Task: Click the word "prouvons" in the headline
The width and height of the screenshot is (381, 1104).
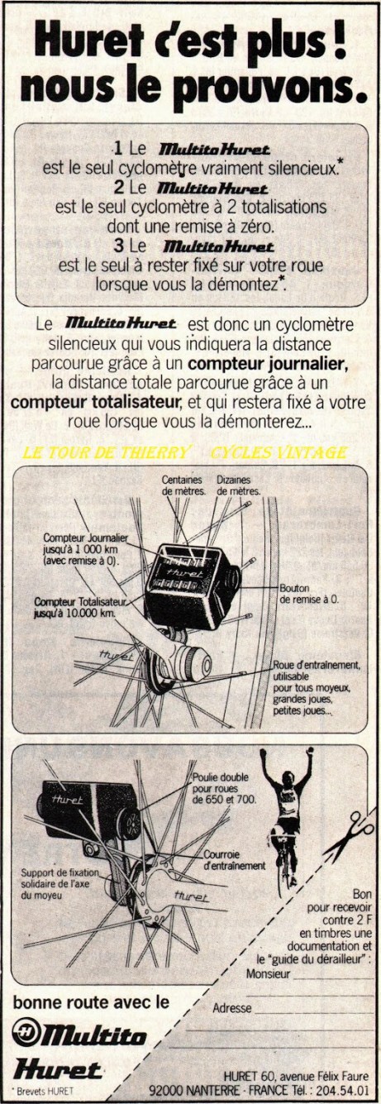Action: pos(255,84)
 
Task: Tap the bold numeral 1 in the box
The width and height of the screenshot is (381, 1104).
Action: pos(117,149)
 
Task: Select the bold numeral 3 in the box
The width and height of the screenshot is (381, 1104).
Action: pos(117,246)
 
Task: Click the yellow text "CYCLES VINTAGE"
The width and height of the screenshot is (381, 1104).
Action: pos(278,452)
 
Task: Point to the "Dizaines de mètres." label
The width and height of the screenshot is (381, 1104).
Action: pos(237,485)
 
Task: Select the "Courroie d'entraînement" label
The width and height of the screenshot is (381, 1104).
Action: pos(233,860)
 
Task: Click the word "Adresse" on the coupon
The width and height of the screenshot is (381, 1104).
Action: pos(231,1008)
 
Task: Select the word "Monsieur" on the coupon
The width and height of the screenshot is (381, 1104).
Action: pos(268,973)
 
